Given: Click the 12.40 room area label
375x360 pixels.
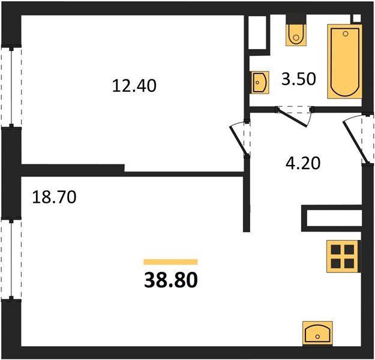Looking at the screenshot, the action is pyautogui.click(x=134, y=86).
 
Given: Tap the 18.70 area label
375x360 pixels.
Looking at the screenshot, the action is pyautogui.click(x=54, y=197).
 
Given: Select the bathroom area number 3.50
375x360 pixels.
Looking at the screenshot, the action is pyautogui.click(x=299, y=79).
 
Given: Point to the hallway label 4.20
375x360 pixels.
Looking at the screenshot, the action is pyautogui.click(x=303, y=163).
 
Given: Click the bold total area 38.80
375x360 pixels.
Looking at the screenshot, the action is pyautogui.click(x=171, y=280).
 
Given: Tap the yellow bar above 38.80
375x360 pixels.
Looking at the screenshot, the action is pyautogui.click(x=170, y=262).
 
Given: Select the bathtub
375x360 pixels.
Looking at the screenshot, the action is pyautogui.click(x=344, y=61).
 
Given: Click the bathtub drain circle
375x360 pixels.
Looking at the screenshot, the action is pyautogui.click(x=345, y=34).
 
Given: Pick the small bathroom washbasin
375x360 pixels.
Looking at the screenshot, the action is pyautogui.click(x=260, y=82).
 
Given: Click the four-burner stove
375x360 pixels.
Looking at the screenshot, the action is pyautogui.click(x=343, y=256).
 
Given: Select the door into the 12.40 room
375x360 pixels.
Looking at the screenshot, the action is pyautogui.click(x=239, y=139).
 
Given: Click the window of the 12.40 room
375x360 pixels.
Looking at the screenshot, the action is pyautogui.click(x=11, y=86).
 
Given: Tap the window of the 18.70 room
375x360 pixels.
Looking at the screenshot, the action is pyautogui.click(x=11, y=259).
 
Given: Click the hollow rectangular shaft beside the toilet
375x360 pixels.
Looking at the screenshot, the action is pyautogui.click(x=257, y=33).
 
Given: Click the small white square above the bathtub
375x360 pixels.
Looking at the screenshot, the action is pyautogui.click(x=357, y=19).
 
